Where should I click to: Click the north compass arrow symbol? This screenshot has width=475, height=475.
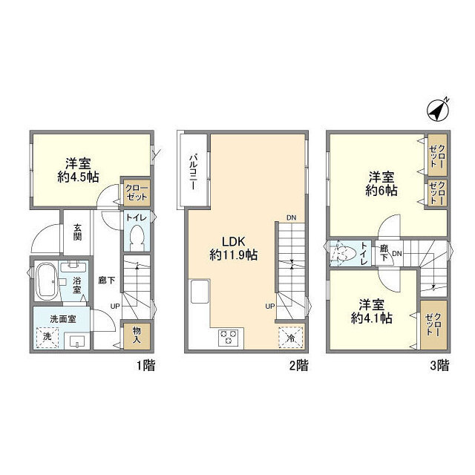pos(439,108)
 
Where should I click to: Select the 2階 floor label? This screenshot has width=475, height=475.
pos(298,365)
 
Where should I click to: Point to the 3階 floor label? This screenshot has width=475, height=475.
pos(439,365)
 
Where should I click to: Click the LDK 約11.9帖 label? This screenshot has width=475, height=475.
pos(232,248)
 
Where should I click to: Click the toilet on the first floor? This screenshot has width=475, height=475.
pos(137,238)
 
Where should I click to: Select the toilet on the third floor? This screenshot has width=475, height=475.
pos(340,254)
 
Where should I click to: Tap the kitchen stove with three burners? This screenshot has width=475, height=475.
pos(227,337)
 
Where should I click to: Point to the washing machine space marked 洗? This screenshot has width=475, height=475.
pos(47,335)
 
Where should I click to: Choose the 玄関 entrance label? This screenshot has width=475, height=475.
pos(77,232)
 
